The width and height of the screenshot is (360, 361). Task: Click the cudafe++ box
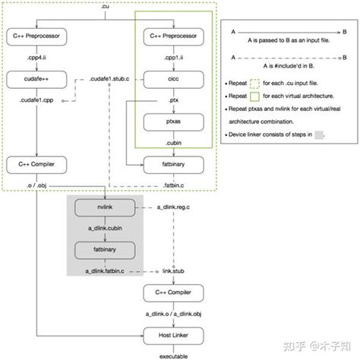click(36, 78)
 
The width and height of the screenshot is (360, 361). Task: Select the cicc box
click(172, 78)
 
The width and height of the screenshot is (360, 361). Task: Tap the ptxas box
click(172, 120)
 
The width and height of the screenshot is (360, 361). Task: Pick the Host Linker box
click(172, 333)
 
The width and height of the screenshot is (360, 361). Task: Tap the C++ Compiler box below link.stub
click(172, 291)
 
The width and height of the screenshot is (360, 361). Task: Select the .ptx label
click(172, 99)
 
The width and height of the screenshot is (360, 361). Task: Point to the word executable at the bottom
click(172, 355)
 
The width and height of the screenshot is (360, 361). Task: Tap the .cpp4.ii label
click(36, 57)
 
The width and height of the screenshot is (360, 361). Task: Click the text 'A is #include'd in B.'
click(289, 66)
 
